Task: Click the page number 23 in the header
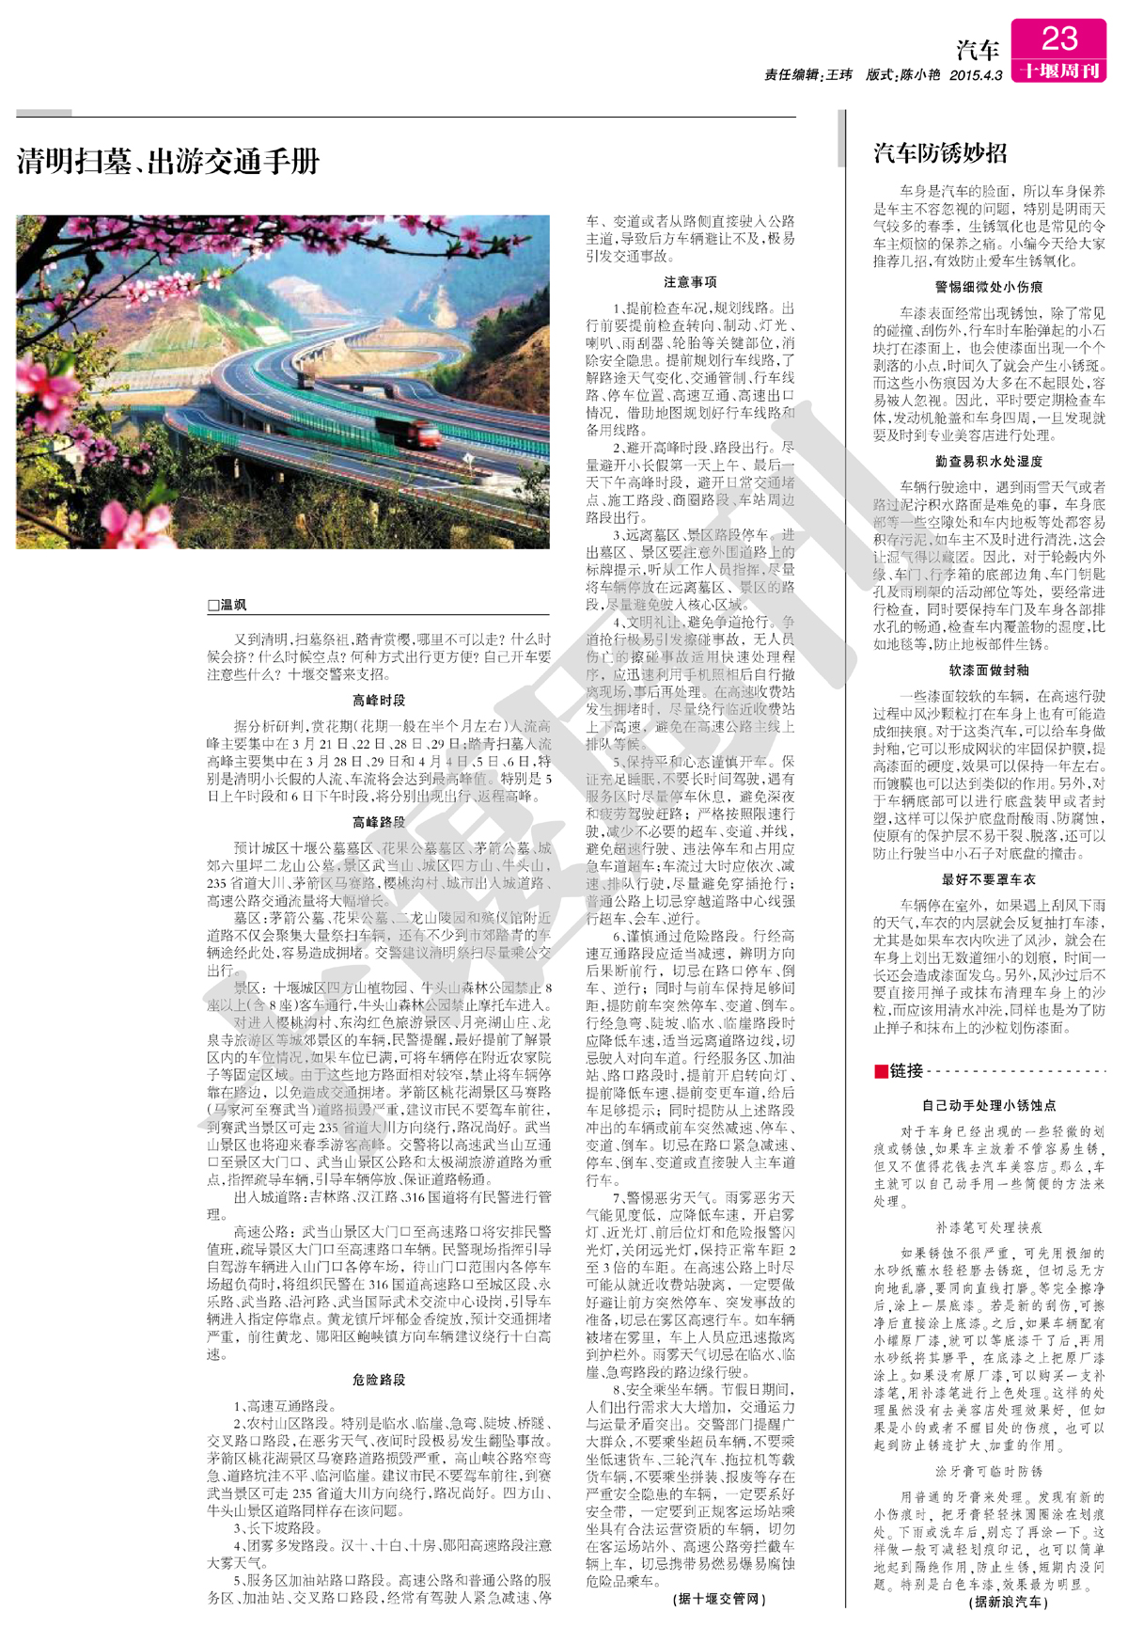point(1058,39)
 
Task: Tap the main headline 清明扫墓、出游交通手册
point(168,162)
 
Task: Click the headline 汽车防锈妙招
point(940,153)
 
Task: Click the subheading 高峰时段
point(379,701)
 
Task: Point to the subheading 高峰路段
point(379,822)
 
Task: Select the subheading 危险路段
point(379,1380)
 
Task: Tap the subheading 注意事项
point(690,282)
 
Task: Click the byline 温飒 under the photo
point(227,605)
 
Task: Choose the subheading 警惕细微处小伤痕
point(989,287)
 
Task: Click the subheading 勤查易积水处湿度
point(989,462)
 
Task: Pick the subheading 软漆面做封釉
point(989,671)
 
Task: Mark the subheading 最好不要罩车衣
point(989,879)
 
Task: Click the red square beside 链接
point(881,1071)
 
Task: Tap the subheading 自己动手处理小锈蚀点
point(989,1105)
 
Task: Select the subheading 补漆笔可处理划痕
point(989,1227)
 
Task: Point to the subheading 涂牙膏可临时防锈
point(989,1471)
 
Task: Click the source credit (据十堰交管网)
point(720,1599)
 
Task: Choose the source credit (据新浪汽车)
point(1009,1602)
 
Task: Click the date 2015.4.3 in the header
point(976,75)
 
